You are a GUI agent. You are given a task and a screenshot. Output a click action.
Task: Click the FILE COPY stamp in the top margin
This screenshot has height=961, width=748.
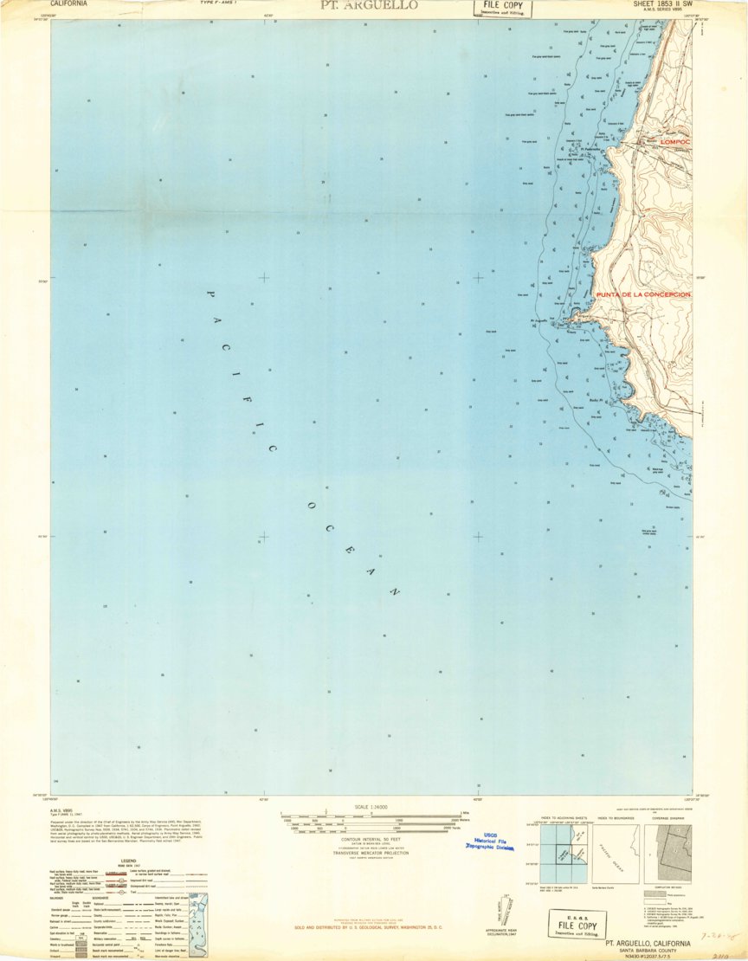tap(502, 9)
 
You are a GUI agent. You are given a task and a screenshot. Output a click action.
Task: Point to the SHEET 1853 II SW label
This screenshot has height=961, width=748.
tap(654, 4)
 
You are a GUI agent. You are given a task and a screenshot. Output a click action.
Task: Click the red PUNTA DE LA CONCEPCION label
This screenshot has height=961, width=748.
tap(642, 294)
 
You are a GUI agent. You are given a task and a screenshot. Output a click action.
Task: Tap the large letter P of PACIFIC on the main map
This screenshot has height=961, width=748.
tap(209, 294)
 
